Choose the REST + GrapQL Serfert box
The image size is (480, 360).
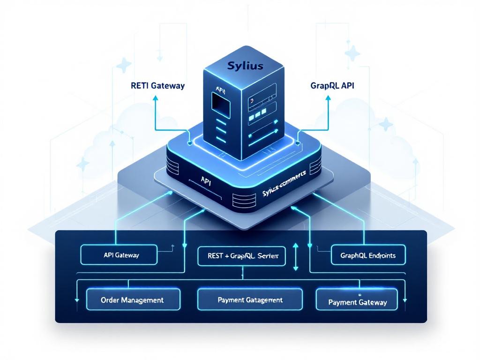click(242, 256)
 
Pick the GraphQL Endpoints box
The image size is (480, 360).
click(367, 255)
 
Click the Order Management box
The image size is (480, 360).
click(133, 300)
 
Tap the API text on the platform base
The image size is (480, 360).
click(205, 180)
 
